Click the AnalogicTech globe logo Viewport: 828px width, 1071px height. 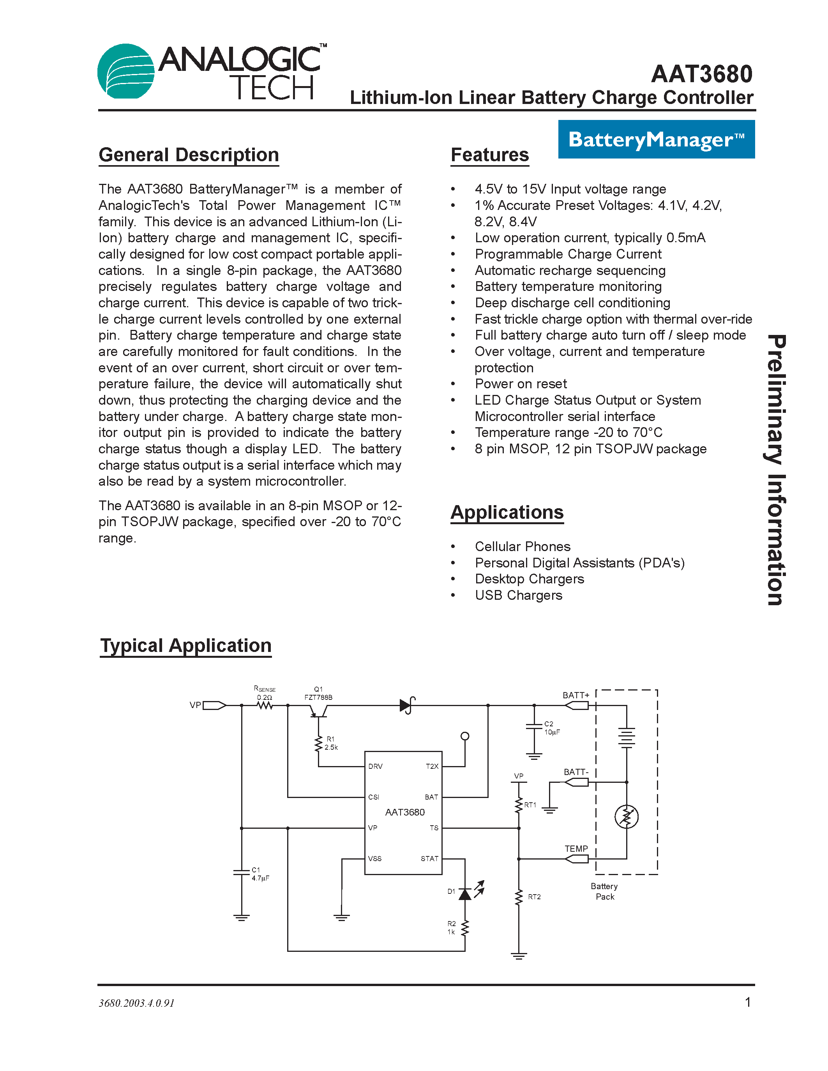(126, 71)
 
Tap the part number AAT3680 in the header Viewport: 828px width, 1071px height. (701, 74)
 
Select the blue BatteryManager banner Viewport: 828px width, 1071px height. (656, 139)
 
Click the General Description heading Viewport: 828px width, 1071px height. (189, 155)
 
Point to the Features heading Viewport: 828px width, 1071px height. (489, 155)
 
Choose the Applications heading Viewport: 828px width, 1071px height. (507, 513)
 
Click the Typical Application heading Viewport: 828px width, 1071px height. (185, 646)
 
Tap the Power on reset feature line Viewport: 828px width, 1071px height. (521, 384)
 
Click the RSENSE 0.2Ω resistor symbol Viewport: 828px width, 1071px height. (265, 706)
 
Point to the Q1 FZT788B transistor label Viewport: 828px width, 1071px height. (318, 693)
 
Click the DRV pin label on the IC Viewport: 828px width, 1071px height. (375, 766)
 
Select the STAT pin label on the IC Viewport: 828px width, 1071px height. (429, 859)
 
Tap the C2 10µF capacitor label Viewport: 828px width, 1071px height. (552, 728)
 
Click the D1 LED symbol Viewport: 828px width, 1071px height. (465, 893)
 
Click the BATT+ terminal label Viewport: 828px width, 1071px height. (576, 695)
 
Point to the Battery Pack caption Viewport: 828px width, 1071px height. (604, 891)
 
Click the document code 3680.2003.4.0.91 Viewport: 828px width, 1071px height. (136, 1003)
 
